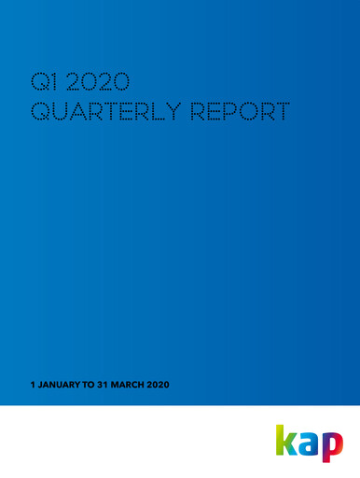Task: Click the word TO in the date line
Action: (90, 386)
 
